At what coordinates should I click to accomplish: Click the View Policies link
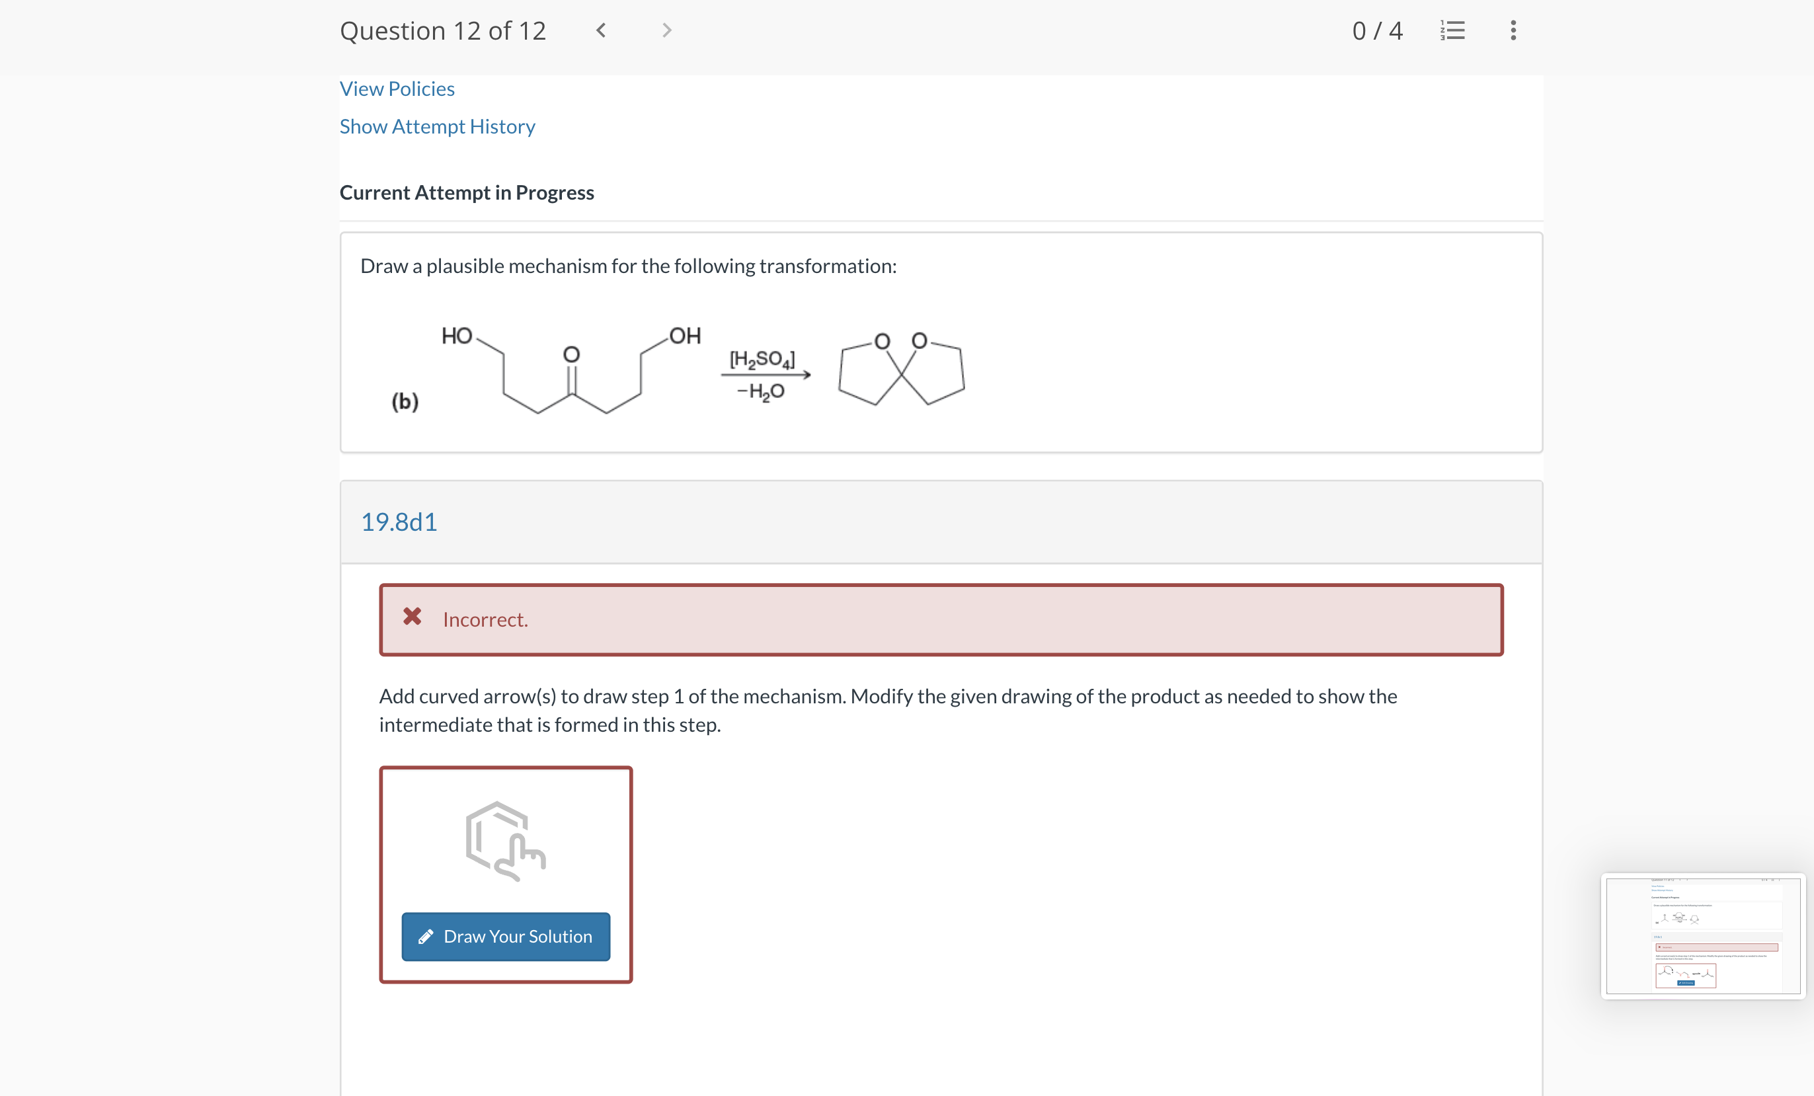tap(397, 89)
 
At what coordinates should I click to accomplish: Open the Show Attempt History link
tap(438, 127)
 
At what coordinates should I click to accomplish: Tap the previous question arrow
tap(601, 30)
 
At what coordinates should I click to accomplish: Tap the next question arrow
tap(666, 30)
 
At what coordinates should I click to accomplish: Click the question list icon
tap(1452, 30)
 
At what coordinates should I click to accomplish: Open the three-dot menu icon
tap(1513, 30)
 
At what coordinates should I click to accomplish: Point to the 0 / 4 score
tap(1376, 30)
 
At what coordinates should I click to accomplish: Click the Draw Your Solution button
tap(506, 936)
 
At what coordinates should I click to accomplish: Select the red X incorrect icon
tap(413, 617)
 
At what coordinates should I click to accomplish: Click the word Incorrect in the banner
tap(485, 620)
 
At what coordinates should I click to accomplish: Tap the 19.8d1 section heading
tap(399, 522)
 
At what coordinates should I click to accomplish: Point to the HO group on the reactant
tap(456, 336)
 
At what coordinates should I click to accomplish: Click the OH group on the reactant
tap(685, 336)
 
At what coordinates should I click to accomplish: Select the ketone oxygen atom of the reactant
tap(571, 355)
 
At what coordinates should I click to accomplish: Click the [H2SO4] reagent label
tap(762, 359)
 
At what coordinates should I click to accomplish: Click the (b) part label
tap(405, 401)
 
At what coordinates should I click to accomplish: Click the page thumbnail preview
tap(1703, 935)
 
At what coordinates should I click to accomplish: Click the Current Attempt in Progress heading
tap(467, 193)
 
